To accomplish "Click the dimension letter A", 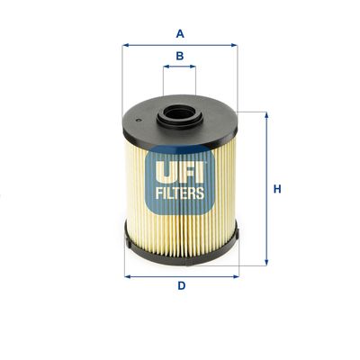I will tap(180, 34).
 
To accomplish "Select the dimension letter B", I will tap(180, 56).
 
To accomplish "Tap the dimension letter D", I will tap(181, 286).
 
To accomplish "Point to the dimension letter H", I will tap(278, 189).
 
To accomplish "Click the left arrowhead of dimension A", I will tap(125, 45).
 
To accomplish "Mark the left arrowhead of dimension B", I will tap(166, 67).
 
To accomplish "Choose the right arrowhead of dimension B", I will tap(195, 67).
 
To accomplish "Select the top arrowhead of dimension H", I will tap(265, 114).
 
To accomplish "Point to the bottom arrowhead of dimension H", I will tap(265, 262).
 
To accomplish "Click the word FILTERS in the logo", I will tap(181, 192).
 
